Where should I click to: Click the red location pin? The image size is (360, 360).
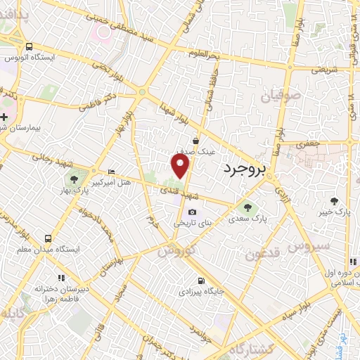click(181, 166)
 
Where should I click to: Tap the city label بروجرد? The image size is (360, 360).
click(242, 169)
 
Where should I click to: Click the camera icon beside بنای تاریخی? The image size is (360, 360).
click(192, 212)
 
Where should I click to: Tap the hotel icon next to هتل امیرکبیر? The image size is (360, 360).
click(111, 172)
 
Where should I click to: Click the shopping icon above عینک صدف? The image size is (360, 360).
click(204, 141)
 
